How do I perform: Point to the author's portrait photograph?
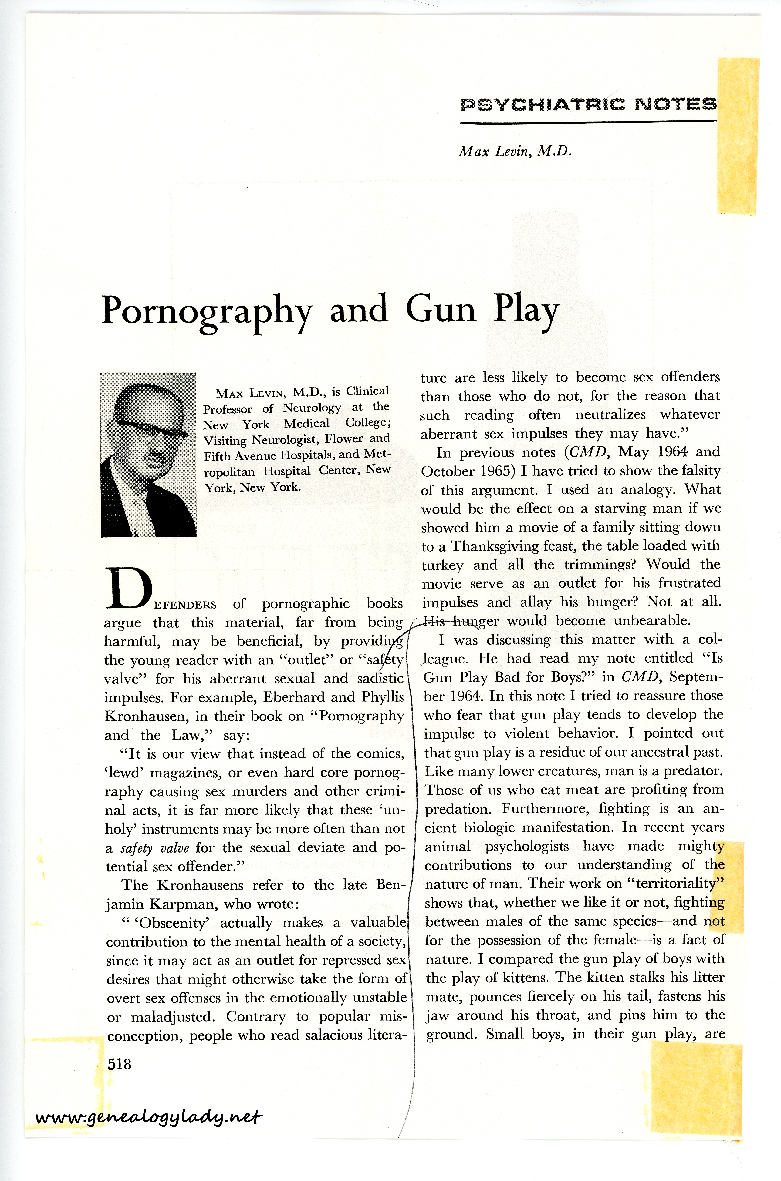click(148, 455)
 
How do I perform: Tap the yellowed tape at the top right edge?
click(738, 134)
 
